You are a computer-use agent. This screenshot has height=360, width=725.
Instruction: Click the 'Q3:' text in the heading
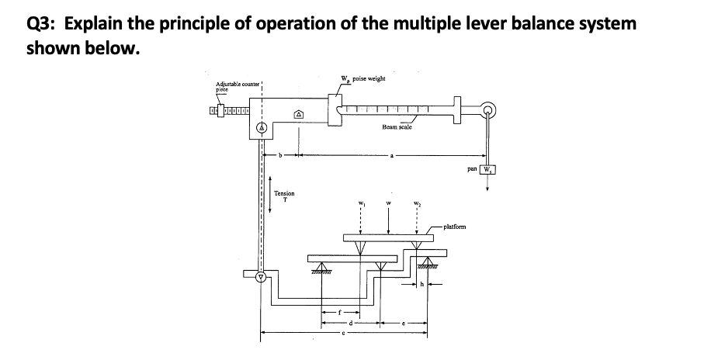coord(42,22)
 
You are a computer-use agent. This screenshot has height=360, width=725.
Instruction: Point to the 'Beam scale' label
coord(397,126)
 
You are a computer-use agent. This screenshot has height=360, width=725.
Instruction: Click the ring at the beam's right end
coord(488,109)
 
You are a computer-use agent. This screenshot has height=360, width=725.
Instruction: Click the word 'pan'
coord(472,168)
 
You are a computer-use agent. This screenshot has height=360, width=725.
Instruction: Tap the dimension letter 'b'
coord(281,155)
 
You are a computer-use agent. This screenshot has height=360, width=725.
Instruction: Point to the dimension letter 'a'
coord(392,155)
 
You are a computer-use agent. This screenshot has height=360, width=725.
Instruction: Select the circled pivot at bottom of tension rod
coord(262,275)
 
